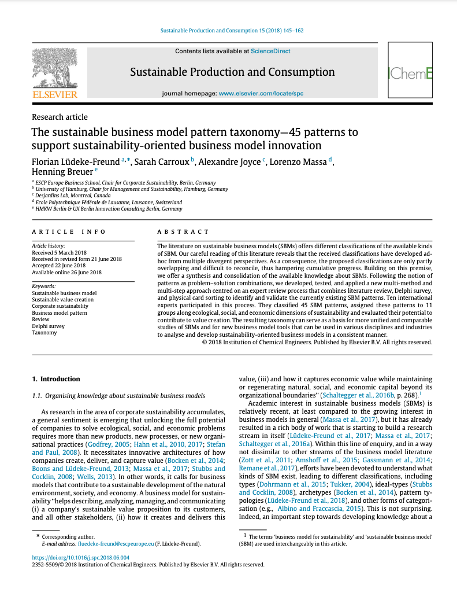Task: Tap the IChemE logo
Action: (x=410, y=73)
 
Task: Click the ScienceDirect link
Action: (x=270, y=51)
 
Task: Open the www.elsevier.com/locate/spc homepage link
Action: (x=261, y=93)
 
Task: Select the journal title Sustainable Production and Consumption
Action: (x=232, y=72)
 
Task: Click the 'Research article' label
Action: (x=60, y=117)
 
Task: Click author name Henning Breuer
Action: (x=62, y=172)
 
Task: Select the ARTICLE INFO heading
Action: (x=69, y=231)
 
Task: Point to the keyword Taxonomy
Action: (x=44, y=333)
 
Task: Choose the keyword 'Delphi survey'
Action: (x=48, y=326)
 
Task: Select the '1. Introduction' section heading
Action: (x=56, y=379)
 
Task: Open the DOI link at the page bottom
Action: (x=81, y=558)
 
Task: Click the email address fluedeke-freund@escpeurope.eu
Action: (x=110, y=544)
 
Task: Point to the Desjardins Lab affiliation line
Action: (x=67, y=196)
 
